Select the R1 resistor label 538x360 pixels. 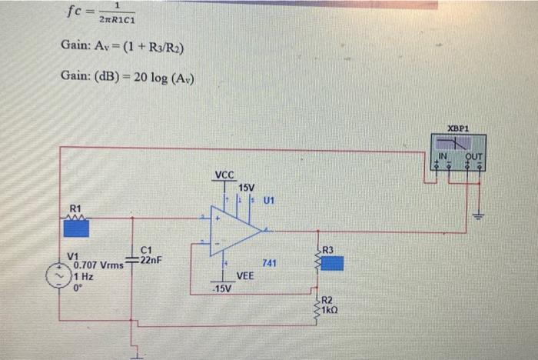tap(75, 208)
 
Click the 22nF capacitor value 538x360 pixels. tap(151, 261)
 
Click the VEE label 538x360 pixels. tap(245, 275)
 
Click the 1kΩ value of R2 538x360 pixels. tap(329, 311)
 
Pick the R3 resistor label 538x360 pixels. tap(327, 249)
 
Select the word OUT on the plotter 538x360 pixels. tap(473, 158)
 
